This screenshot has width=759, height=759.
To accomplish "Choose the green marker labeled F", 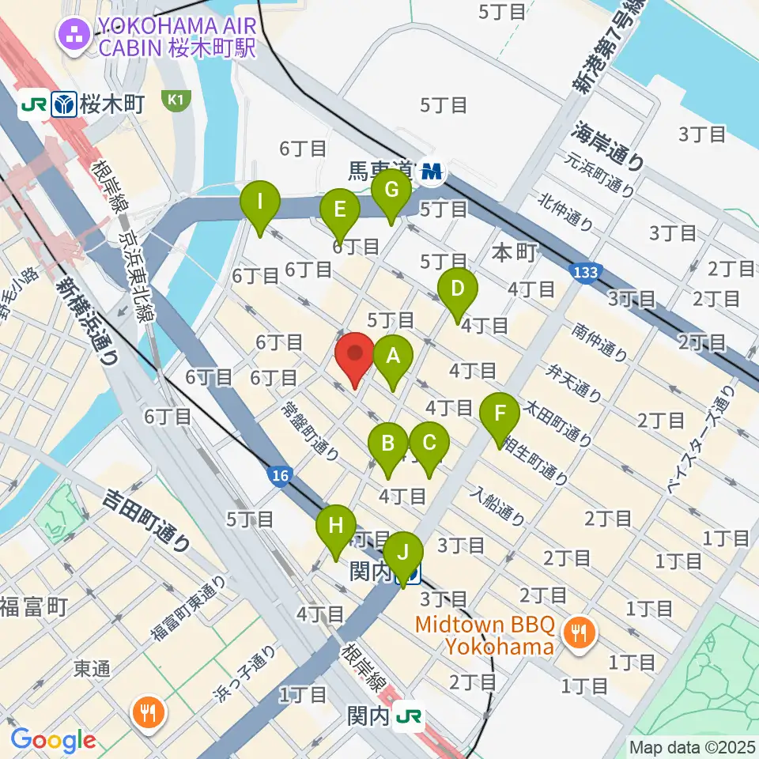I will pos(500,414).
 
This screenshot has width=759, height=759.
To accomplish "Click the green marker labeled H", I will pos(336,527).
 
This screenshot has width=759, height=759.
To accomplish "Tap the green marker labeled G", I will pos(391,191).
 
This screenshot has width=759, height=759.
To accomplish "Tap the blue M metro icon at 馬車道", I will pos(432,170).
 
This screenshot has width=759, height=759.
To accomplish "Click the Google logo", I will pos(53,741).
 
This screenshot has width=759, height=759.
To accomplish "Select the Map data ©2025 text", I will pos(692,746).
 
